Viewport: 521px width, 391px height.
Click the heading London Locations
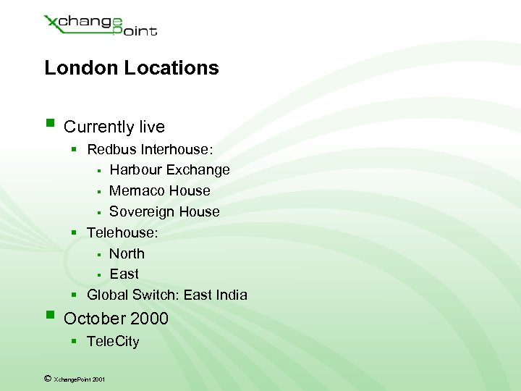pyautogui.click(x=131, y=68)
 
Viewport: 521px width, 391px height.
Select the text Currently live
pyautogui.click(x=114, y=127)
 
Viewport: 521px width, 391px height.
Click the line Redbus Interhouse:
pyautogui.click(x=150, y=149)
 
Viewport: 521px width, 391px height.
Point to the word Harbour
pyautogui.click(x=136, y=170)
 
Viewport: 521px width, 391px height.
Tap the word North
pyautogui.click(x=127, y=253)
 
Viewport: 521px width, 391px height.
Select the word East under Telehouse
pyautogui.click(x=124, y=274)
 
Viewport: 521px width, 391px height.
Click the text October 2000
pyautogui.click(x=116, y=319)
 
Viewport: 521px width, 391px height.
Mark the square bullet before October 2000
pyautogui.click(x=49, y=315)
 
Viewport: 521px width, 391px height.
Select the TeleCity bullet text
pyautogui.click(x=113, y=342)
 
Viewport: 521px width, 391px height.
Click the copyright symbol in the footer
pyautogui.click(x=47, y=378)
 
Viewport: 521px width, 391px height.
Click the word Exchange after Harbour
pyautogui.click(x=198, y=170)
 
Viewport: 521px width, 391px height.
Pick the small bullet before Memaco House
pyautogui.click(x=98, y=192)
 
